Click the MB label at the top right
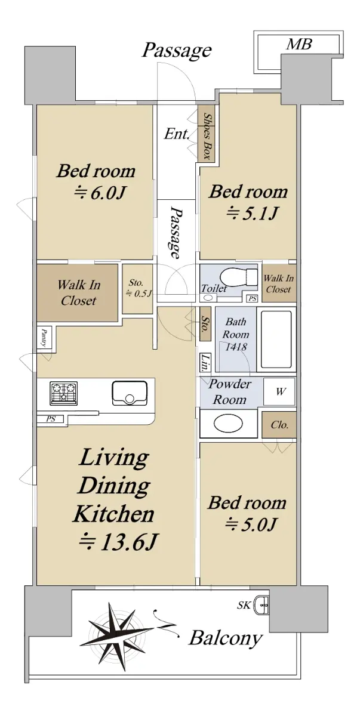point(299,44)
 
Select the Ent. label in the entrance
point(177,134)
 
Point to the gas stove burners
point(64,392)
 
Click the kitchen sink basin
point(130,393)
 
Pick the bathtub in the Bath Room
point(276,339)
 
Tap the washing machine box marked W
point(279,391)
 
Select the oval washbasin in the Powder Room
point(228,424)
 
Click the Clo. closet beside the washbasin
point(279,425)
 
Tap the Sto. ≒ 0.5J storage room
point(137,289)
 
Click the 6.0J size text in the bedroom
point(100,193)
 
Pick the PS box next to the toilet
point(253,298)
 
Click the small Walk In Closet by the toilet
point(278,283)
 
